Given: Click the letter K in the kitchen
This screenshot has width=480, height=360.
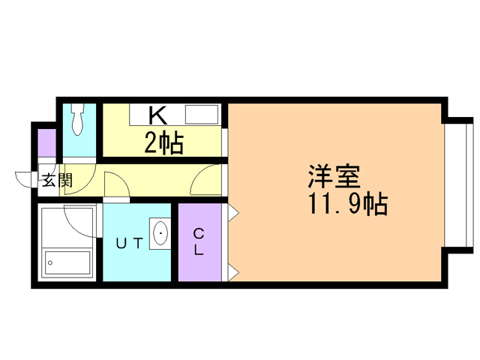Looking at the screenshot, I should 157,115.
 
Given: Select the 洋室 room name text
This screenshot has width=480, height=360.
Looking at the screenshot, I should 334,177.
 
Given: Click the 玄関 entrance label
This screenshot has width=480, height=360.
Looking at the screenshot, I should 56,180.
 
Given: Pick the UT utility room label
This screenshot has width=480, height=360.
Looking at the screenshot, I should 128,242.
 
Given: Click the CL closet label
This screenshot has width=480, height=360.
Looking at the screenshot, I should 199,242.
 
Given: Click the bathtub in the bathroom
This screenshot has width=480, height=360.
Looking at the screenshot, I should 67,262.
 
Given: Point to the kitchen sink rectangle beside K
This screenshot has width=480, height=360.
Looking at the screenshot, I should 201,115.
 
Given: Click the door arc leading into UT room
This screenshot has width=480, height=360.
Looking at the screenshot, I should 116,184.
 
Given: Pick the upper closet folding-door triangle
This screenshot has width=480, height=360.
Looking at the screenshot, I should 233,213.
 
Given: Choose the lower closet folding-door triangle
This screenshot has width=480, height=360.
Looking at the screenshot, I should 233,271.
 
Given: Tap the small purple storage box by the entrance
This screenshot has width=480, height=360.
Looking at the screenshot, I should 46,142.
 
